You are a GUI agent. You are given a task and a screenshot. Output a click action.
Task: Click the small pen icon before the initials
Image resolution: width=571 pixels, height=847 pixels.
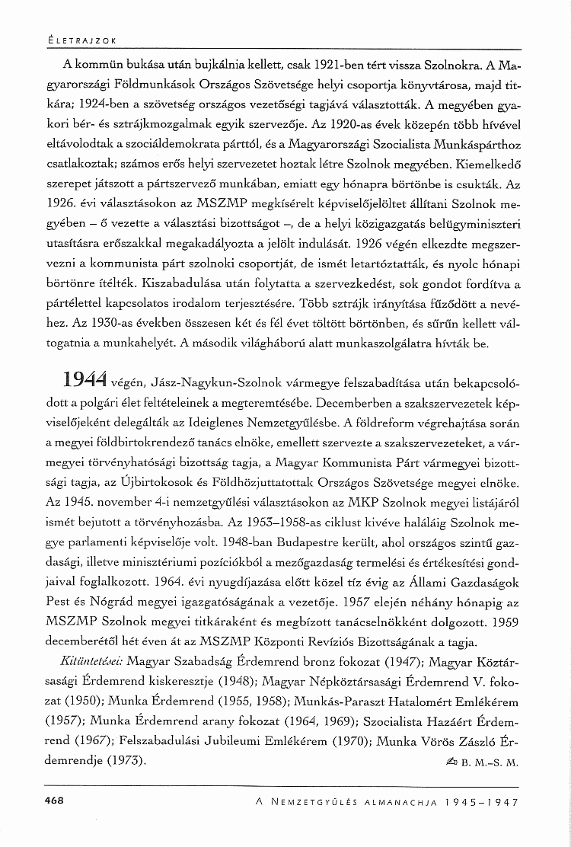point(458,761)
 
